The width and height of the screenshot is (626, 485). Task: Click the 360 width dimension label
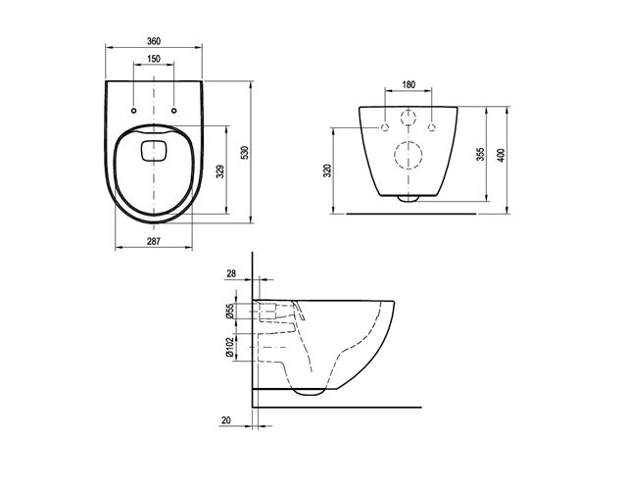pos(154,41)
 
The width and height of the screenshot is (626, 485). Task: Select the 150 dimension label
pos(154,59)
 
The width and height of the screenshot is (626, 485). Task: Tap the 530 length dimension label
pos(245,153)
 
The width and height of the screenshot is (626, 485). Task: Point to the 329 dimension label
pos(220,171)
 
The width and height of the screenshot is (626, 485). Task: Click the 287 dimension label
pos(154,241)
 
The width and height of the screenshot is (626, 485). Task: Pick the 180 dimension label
pos(409,84)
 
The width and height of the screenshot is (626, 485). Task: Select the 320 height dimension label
pos(328,170)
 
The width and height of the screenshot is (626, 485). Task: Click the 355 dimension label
pos(481,154)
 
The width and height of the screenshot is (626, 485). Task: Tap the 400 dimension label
pos(501,155)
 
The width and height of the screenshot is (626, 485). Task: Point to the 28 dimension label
pos(231,273)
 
